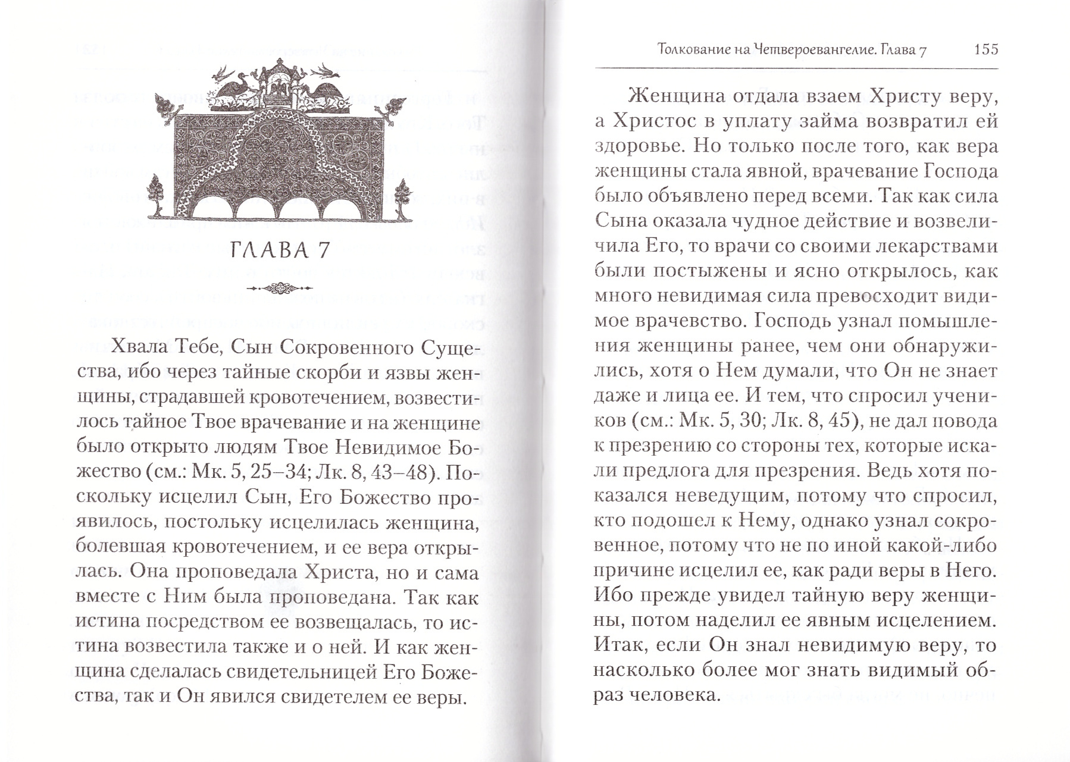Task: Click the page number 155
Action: (x=985, y=50)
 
